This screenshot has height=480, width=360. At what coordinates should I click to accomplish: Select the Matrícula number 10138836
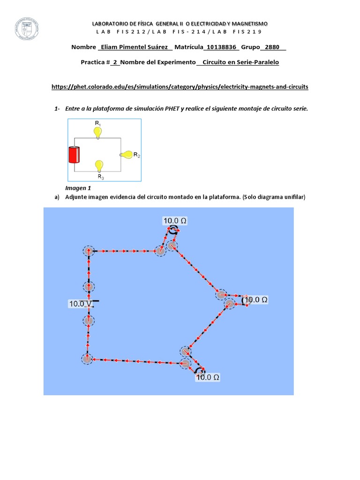point(222,47)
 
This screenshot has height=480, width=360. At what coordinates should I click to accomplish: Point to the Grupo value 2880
point(272,47)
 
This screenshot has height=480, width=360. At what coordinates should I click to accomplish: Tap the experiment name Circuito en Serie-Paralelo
point(240,62)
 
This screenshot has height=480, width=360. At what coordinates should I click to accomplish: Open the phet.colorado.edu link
point(180,87)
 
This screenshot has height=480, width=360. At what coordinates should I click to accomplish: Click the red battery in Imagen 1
point(75,155)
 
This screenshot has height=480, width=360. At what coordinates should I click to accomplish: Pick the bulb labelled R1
point(97,133)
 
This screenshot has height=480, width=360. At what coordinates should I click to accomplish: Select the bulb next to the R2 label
point(126,154)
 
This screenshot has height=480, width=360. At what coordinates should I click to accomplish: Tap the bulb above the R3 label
point(99,166)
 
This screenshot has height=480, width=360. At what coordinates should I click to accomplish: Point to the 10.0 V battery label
point(81,304)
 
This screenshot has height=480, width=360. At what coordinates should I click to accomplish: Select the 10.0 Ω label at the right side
point(256,299)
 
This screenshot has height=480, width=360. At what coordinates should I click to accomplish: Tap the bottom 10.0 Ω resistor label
point(208,376)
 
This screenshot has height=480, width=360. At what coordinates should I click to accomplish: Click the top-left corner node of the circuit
point(88,251)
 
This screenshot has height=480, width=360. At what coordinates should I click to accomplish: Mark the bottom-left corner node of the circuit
point(87,359)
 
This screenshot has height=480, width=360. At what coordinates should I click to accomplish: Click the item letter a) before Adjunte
point(57,197)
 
